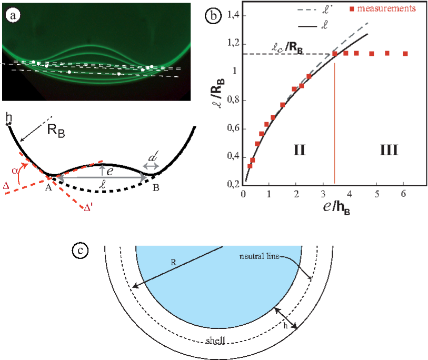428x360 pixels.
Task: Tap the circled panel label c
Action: (80, 251)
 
